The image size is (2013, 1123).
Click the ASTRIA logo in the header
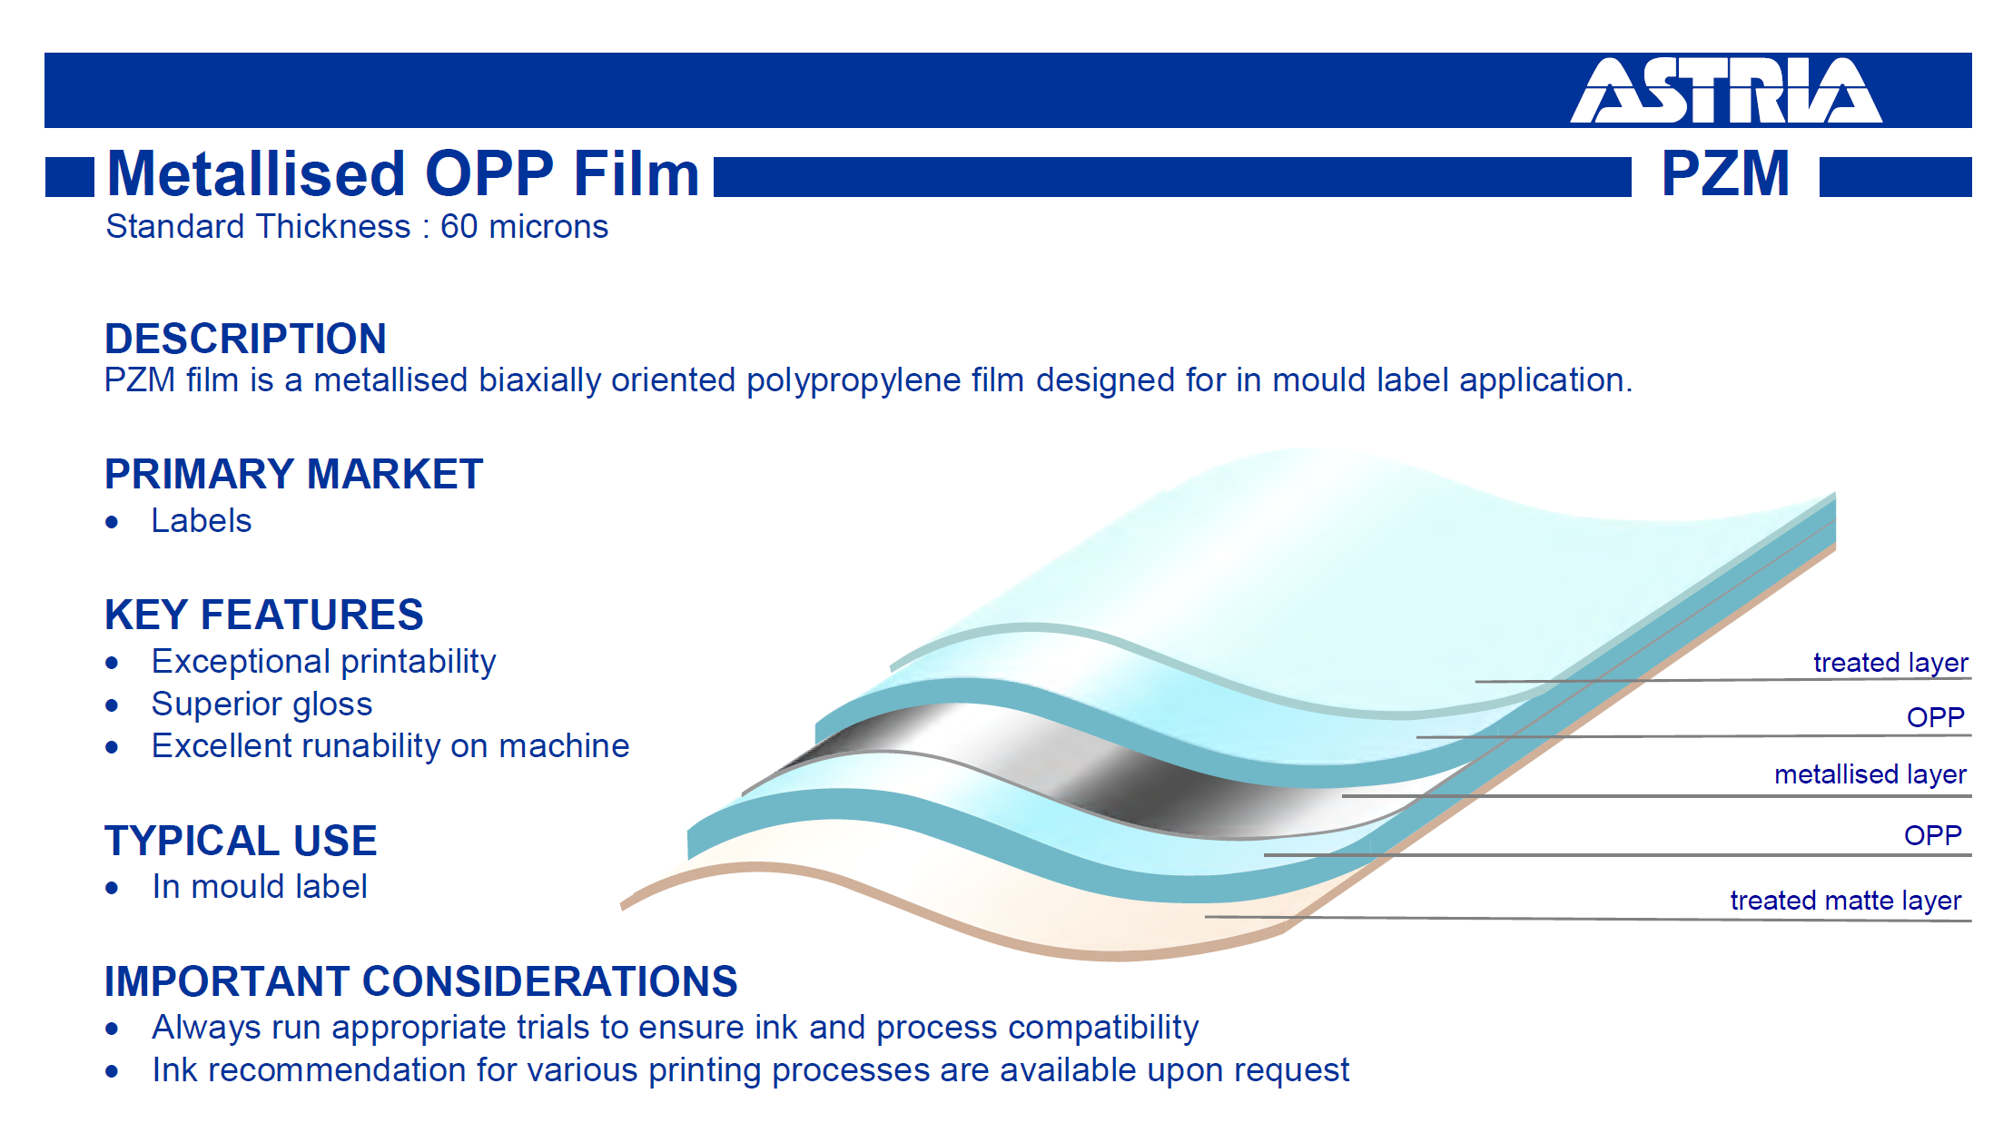pos(1726,91)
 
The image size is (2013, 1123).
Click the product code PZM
pos(1725,173)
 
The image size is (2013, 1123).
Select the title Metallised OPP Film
pos(403,173)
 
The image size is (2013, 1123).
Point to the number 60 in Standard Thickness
pos(459,227)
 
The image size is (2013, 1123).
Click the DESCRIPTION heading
pos(245,339)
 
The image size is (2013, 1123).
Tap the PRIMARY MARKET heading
pos(293,474)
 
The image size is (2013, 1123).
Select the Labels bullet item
pos(202,521)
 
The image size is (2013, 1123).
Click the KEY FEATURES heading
pos(263,615)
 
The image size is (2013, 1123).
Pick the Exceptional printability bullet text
pos(324,662)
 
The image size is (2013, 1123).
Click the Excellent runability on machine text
pos(390,746)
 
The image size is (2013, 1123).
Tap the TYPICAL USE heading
pos(241,841)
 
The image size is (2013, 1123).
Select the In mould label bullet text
pos(260,887)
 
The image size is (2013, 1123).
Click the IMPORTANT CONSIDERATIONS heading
pos(420,981)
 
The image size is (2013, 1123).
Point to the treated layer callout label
pos(1890,663)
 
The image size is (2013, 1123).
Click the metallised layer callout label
pos(1870,774)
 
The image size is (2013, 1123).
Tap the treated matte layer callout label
pos(1846,901)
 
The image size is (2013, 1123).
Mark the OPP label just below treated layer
pos(1936,718)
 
